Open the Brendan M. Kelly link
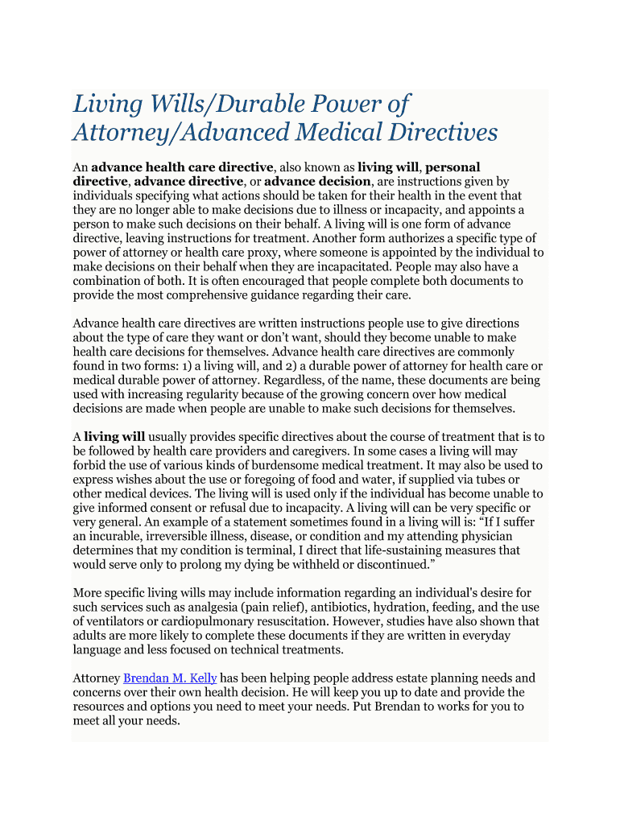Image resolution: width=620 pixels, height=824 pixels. [x=170, y=678]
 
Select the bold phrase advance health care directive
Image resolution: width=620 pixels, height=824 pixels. [x=182, y=167]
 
